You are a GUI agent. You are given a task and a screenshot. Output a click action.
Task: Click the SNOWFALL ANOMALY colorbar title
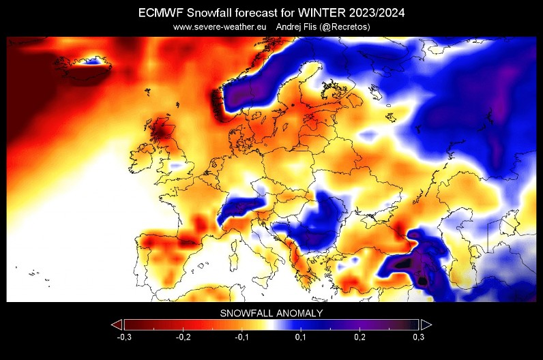pos(271,313)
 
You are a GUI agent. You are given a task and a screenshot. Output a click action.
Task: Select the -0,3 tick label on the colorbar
pos(123,337)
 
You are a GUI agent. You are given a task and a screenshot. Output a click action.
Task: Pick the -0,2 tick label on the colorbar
pos(182,337)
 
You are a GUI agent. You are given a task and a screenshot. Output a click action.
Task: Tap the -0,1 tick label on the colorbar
pos(241,337)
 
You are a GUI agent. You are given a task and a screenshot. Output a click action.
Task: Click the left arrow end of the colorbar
pos(117,324)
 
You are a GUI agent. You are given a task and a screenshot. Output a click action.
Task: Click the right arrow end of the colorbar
pos(426,324)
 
